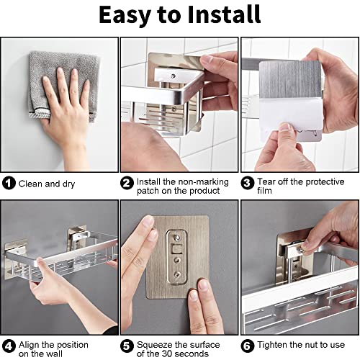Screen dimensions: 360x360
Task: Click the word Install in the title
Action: tap(224, 14)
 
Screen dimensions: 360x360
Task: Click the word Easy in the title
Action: tap(125, 16)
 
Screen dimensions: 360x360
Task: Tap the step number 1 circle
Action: tap(9, 184)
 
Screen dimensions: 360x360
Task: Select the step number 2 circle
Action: tap(127, 184)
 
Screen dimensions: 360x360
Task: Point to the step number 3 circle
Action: tap(248, 184)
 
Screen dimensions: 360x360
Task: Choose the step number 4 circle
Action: tap(9, 346)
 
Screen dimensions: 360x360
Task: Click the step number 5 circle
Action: tap(127, 346)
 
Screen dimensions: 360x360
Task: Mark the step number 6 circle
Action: tap(248, 346)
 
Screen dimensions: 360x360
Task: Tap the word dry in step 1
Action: tap(68, 184)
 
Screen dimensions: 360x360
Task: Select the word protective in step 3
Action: tap(323, 182)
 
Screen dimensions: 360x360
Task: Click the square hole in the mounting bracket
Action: tap(176, 249)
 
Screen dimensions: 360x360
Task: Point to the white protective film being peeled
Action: tap(291, 115)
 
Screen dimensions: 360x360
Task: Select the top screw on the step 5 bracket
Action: tap(176, 238)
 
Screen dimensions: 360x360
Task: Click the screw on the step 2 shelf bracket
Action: tap(173, 76)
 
